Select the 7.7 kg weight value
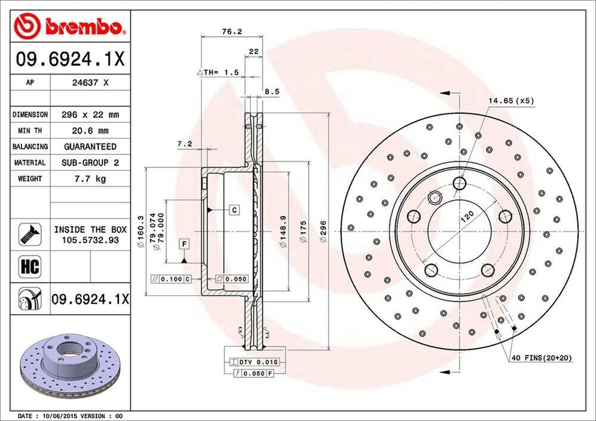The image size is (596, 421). coord(90,179)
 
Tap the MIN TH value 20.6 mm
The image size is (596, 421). coord(90,131)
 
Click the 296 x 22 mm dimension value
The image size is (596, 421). coord(90,115)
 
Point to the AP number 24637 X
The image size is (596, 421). coord(90,83)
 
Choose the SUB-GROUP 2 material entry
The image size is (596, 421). coord(90,163)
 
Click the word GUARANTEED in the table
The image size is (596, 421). coord(90,147)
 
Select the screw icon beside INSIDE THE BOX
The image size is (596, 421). coord(29,233)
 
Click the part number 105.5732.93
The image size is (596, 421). coord(90,240)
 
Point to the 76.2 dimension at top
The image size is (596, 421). coord(232,32)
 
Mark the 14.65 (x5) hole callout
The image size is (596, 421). coord(510,101)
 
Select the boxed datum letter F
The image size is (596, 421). coord(184,244)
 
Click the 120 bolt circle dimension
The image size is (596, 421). coord(466,217)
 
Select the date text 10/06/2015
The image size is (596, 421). coord(61,416)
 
